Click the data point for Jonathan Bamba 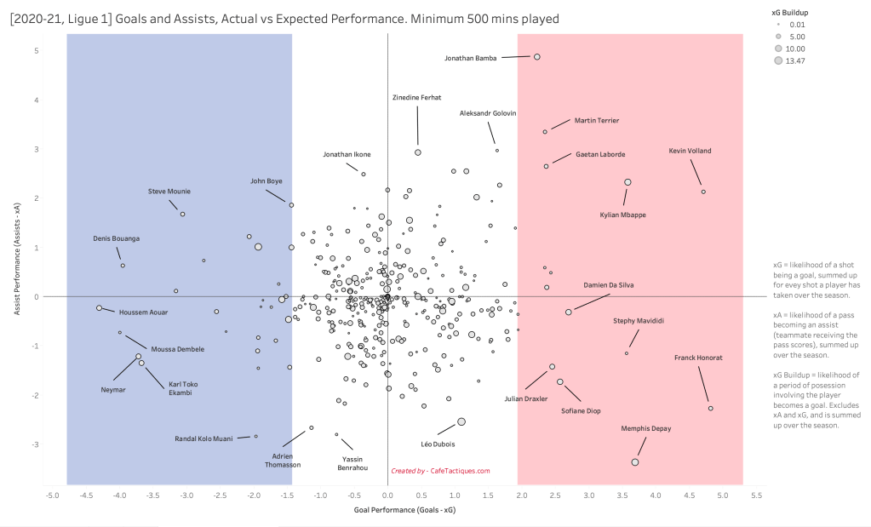(x=537, y=57)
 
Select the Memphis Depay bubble (x=635, y=462)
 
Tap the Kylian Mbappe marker (x=627, y=182)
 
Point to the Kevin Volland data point (x=703, y=192)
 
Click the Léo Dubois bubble (x=461, y=421)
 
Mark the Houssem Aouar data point (x=99, y=307)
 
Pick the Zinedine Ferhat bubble (x=418, y=152)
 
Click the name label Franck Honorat (x=698, y=358)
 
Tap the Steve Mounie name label (x=169, y=192)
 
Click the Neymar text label (x=113, y=389)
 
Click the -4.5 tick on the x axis (x=85, y=494)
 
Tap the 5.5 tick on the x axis (x=755, y=494)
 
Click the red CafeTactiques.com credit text (x=440, y=471)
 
